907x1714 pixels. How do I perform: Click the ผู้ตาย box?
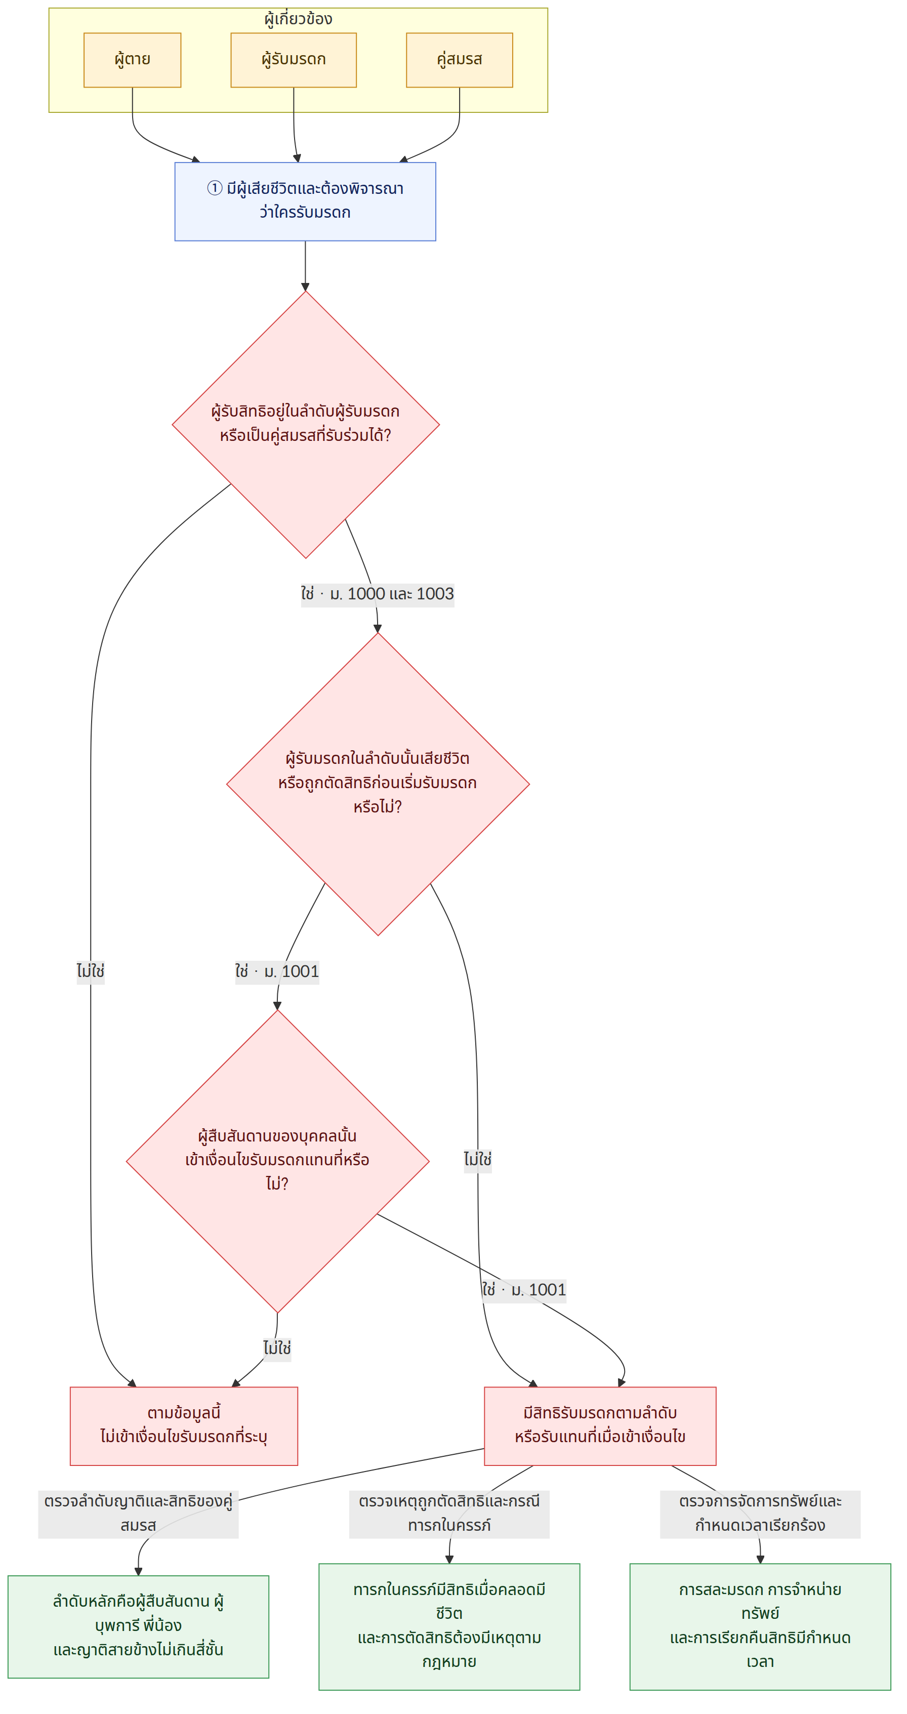133,60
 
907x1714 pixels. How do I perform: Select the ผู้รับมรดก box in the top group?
294,60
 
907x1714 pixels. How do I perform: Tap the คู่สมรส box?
459,60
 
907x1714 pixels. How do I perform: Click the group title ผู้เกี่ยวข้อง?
298,19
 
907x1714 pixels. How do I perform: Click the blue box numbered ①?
305,201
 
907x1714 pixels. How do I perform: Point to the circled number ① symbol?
214,188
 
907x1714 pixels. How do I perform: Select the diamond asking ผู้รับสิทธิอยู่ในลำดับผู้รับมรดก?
305,425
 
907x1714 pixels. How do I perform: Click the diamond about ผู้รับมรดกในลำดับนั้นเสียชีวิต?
378,784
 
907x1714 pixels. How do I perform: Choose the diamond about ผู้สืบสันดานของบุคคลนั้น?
277,1161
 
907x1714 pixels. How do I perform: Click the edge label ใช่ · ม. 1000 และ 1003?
377,593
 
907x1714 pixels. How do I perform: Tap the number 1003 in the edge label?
435,593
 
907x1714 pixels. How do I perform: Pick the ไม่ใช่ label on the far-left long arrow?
91,971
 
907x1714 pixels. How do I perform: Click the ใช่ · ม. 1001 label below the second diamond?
277,971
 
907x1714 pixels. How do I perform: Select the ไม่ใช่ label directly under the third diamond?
277,1349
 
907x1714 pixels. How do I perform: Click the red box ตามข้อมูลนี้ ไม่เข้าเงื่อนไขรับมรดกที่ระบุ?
184,1426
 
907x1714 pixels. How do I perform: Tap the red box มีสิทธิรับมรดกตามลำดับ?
600,1426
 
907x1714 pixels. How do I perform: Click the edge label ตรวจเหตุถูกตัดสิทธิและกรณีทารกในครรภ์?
449,1513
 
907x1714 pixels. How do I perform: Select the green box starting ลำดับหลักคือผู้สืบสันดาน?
138,1626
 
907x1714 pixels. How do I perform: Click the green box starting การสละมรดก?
760,1626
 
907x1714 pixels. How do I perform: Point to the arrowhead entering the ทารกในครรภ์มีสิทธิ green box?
449,1559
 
